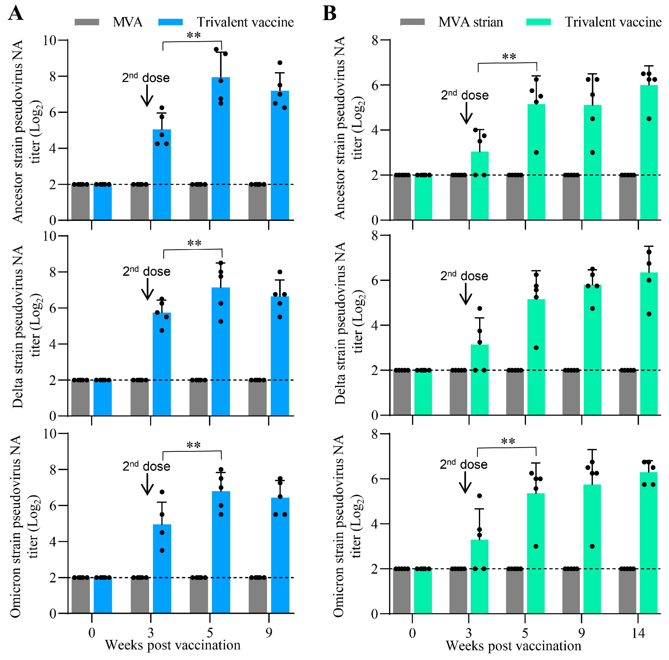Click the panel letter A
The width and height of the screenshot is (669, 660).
[x=15, y=14]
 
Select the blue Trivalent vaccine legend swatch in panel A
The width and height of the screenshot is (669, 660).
[x=170, y=22]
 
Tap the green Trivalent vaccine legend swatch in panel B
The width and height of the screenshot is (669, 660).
[x=538, y=22]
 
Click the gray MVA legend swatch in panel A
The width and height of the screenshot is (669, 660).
[x=87, y=22]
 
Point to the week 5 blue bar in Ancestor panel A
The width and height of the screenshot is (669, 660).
[x=221, y=149]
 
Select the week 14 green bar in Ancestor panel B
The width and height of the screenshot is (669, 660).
[x=649, y=152]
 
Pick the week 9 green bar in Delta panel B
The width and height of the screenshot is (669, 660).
[x=592, y=349]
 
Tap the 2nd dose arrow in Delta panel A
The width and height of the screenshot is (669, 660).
[x=148, y=289]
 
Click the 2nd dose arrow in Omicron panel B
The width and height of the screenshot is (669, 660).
[x=465, y=482]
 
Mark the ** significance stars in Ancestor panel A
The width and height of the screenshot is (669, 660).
[x=194, y=35]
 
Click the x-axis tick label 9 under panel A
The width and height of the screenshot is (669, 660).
[x=269, y=633]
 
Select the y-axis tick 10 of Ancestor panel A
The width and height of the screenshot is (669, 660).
[x=50, y=40]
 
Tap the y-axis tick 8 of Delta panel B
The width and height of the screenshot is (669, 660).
[x=375, y=236]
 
